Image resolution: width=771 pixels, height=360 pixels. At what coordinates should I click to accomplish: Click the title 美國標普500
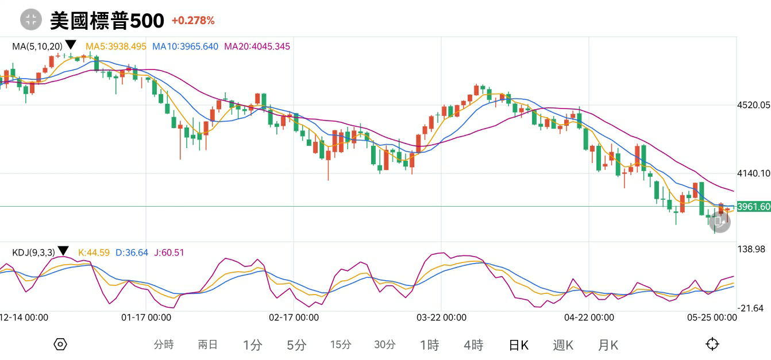(107, 21)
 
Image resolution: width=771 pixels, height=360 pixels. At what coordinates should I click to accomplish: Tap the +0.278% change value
(193, 21)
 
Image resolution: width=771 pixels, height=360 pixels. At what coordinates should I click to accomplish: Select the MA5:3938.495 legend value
(116, 46)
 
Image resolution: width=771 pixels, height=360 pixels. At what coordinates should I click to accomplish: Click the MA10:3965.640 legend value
(185, 46)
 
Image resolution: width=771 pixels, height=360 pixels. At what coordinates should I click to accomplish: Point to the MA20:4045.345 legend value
(257, 46)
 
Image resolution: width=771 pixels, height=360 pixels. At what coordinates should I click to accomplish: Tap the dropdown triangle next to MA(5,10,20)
(71, 45)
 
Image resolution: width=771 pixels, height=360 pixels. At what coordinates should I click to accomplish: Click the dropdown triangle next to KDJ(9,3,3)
(63, 251)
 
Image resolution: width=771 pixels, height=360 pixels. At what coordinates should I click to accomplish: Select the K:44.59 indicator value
(94, 252)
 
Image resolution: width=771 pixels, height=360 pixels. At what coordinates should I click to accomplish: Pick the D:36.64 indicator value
(132, 252)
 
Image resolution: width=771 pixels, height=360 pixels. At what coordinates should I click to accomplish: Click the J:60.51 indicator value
(169, 252)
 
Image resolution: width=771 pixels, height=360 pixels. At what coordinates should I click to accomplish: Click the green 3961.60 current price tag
(753, 207)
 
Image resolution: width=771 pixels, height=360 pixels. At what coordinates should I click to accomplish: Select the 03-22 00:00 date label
(441, 317)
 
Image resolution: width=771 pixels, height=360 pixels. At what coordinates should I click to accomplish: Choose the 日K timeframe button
(519, 344)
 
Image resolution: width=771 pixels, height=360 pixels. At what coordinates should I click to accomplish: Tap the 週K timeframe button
(563, 344)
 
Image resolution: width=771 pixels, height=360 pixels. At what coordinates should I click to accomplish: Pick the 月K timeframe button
(608, 344)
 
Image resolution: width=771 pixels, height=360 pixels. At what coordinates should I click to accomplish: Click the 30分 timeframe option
(385, 344)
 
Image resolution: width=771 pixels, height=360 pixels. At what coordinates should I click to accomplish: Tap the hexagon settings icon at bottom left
(60, 344)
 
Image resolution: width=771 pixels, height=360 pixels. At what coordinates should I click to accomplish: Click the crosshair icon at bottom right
(712, 344)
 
